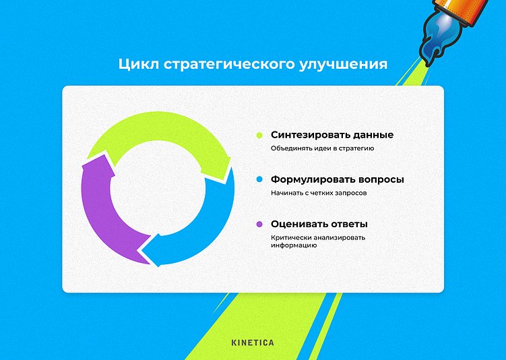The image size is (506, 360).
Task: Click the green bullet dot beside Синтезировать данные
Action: [259, 135]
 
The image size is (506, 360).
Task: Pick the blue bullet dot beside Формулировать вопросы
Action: [259, 180]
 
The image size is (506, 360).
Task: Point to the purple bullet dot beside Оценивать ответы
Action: [259, 224]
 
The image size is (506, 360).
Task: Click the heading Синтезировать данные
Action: [331, 135]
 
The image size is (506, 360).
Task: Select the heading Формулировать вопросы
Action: [338, 180]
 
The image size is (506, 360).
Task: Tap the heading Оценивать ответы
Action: [319, 224]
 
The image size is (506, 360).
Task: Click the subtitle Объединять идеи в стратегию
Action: [322, 148]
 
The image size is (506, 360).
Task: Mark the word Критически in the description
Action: [288, 237]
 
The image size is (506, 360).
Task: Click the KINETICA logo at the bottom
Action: [253, 342]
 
